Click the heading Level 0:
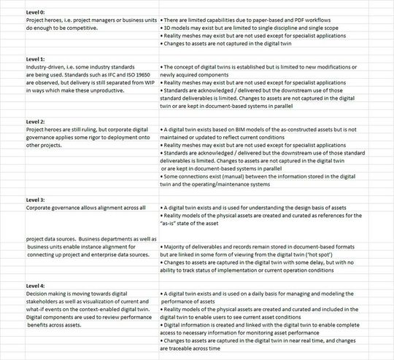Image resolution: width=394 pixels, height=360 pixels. [x=35, y=13]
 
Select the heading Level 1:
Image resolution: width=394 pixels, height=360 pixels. [x=35, y=58]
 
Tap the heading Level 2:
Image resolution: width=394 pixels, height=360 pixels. [x=35, y=121]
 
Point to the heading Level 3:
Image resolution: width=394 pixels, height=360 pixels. [x=35, y=199]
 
